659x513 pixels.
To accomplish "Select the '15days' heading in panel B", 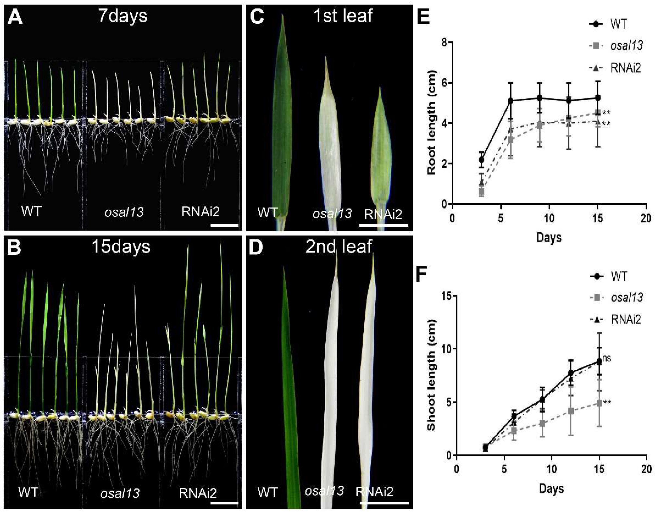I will [x=121, y=247].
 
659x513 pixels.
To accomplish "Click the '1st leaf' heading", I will [x=343, y=16].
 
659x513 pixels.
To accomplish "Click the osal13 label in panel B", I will [x=120, y=493].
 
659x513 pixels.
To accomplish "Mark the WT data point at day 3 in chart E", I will [x=482, y=160].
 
